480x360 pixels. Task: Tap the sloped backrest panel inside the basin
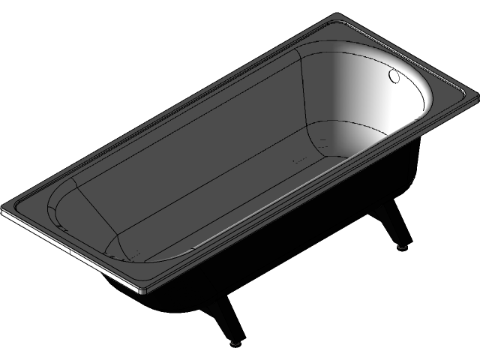(x=86, y=210)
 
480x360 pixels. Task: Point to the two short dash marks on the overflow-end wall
(x=322, y=142)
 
